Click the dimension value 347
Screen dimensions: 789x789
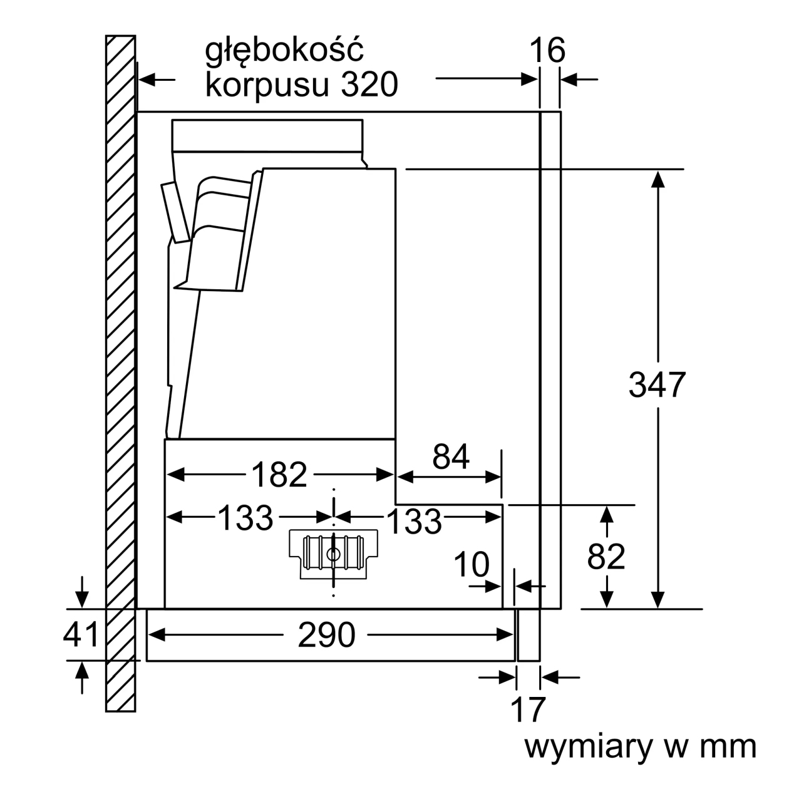coord(657,384)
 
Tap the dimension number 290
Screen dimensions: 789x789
coord(326,634)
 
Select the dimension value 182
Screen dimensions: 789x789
coord(279,475)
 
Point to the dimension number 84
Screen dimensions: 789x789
coord(450,456)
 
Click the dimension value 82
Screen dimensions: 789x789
coord(606,557)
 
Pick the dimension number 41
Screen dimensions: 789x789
coord(81,634)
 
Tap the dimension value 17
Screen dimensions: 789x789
coord(527,709)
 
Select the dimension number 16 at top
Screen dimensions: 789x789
coord(547,50)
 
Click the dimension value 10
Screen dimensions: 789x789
coord(472,564)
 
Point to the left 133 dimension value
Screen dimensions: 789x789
coord(245,518)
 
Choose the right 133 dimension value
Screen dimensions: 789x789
coord(414,521)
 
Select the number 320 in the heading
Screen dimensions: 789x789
coord(369,84)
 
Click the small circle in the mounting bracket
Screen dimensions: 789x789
coord(333,555)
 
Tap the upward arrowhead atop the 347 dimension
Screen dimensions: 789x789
coord(657,179)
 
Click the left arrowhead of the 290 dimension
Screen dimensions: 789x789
coord(157,635)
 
